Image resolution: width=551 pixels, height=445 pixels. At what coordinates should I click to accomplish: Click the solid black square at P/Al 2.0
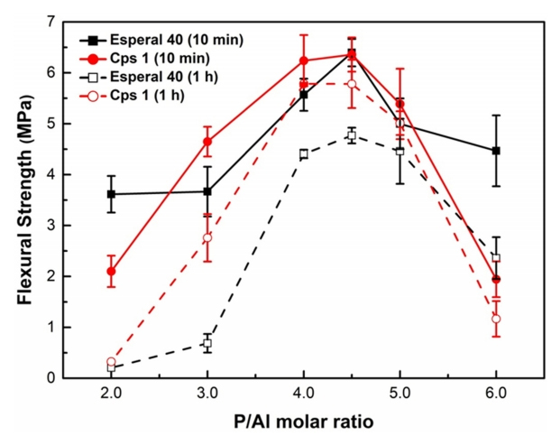111,194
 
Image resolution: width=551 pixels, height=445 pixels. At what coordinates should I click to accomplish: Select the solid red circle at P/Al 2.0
111,271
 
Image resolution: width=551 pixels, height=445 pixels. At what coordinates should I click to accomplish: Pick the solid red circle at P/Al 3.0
207,142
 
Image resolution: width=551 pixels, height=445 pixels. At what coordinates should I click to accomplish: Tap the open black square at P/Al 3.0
207,343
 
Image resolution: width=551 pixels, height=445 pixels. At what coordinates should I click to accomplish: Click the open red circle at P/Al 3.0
207,237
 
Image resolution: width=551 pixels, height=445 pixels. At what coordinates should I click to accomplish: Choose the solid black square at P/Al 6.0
496,151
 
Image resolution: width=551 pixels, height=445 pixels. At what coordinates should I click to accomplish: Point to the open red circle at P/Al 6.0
496,319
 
